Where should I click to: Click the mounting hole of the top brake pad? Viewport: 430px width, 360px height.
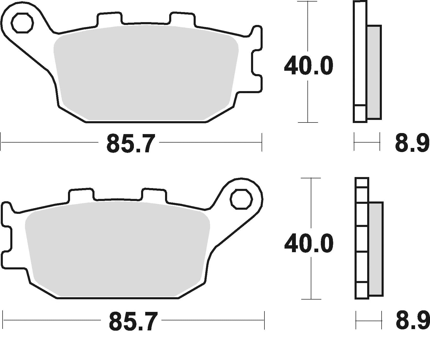pyautogui.click(x=23, y=23)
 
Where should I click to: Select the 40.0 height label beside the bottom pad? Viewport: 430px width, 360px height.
pyautogui.click(x=309, y=243)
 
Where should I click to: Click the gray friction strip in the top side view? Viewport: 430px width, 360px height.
pyautogui.click(x=374, y=72)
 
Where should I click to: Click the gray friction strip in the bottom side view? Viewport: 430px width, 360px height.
pyautogui.click(x=376, y=249)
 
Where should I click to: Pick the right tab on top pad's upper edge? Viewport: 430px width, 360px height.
pyautogui.click(x=182, y=19)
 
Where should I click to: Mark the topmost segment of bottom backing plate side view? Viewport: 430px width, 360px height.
pyautogui.click(x=362, y=182)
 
